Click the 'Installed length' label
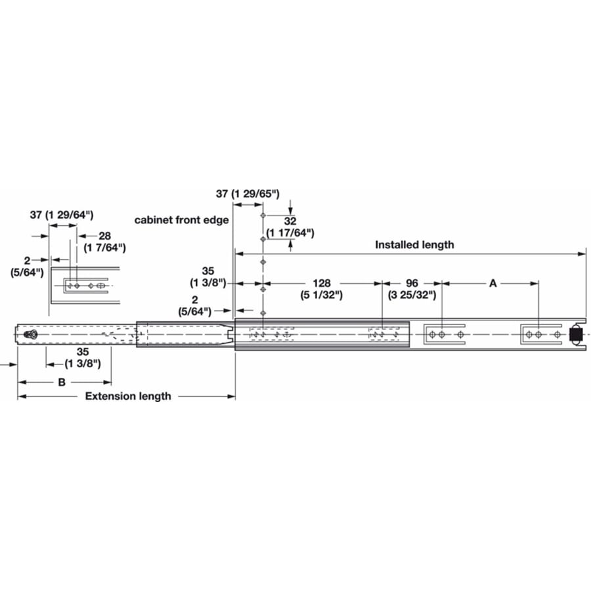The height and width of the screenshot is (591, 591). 414,245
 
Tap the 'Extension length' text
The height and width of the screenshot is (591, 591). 128,396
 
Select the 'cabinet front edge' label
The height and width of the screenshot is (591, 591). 182,220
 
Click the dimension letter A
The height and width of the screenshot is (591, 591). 492,283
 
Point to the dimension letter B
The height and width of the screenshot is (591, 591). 62,382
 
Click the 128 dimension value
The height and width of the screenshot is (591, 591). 322,283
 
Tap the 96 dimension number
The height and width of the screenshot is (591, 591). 412,283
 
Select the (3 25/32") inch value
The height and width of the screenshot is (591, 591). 412,295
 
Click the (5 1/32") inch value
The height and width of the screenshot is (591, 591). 322,295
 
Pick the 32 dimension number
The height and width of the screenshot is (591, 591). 290,221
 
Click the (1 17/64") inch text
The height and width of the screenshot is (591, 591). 290,233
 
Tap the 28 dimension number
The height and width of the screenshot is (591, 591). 105,236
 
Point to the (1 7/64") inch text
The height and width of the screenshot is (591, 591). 105,248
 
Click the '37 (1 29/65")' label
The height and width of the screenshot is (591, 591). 248,194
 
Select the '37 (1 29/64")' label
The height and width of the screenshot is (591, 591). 62,215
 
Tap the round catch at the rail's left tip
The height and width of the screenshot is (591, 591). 30,334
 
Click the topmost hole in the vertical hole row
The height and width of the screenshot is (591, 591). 263,215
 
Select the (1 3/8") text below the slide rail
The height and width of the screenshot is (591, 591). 83,364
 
